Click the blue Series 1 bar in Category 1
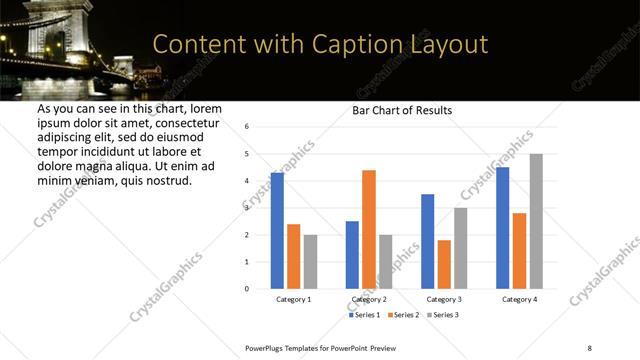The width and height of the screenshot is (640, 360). [x=277, y=230]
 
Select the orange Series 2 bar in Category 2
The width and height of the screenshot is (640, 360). [x=369, y=229]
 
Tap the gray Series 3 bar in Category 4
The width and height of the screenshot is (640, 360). [x=536, y=221]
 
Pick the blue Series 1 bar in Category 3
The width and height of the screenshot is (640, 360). [x=427, y=241]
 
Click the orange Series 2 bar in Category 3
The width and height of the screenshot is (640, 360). [x=444, y=264]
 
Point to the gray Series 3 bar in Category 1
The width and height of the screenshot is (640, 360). [x=310, y=261]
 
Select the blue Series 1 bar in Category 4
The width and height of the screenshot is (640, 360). [x=503, y=227]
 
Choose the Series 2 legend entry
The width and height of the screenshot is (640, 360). [x=402, y=315]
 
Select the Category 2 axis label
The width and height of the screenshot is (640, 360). [x=369, y=299]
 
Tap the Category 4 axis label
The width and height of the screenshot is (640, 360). [x=519, y=299]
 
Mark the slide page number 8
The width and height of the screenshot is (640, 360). [x=589, y=346]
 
